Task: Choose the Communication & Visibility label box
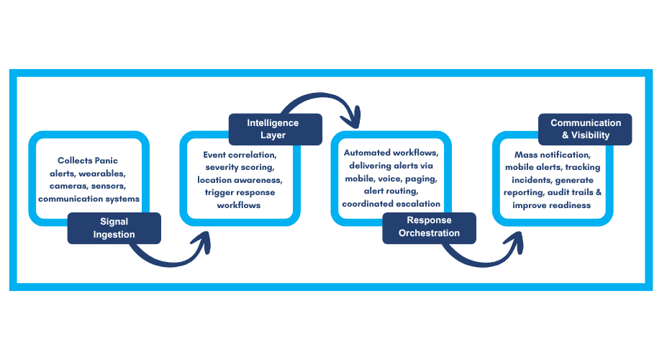click(x=585, y=129)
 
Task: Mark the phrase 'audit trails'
click(x=576, y=192)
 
